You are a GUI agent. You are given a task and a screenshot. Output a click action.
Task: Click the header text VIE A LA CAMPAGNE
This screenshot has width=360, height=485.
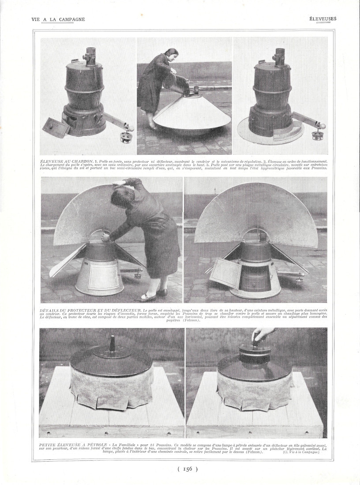[x=58, y=19]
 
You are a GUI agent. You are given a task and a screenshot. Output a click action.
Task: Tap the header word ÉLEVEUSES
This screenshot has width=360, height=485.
[x=322, y=19]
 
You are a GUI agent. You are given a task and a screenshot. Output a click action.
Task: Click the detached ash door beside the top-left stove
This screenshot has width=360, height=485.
[x=56, y=127]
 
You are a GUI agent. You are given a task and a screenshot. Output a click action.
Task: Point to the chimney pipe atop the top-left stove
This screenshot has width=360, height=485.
[x=90, y=56]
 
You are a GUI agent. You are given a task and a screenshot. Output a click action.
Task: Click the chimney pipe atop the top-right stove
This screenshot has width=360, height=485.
[x=279, y=57]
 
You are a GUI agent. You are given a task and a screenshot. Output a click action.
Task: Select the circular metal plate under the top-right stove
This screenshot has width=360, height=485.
[x=265, y=137]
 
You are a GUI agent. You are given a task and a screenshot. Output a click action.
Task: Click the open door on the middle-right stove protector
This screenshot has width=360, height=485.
[x=225, y=273]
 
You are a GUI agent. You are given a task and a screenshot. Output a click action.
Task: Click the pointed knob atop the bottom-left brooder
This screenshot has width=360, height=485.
[x=112, y=343]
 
